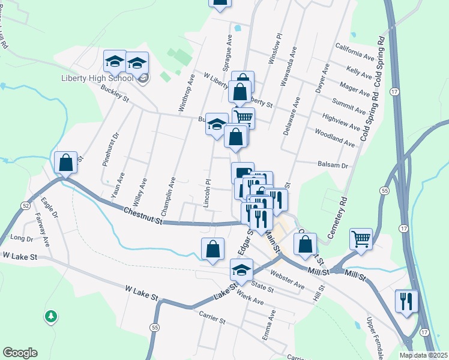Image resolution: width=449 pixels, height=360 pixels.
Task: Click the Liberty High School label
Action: tap(97, 79)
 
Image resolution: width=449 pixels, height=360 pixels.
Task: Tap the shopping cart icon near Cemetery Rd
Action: tap(361, 238)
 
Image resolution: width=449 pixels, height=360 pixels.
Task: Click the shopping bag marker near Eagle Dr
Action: tap(65, 162)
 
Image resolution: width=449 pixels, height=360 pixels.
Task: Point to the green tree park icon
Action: tap(51, 316)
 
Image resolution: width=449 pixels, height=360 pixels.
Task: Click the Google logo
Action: tap(20, 353)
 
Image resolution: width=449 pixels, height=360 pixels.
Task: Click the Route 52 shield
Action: tap(25, 205)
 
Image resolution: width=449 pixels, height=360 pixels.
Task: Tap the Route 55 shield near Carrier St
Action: tap(155, 327)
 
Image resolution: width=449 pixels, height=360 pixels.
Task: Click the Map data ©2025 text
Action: tap(423, 355)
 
